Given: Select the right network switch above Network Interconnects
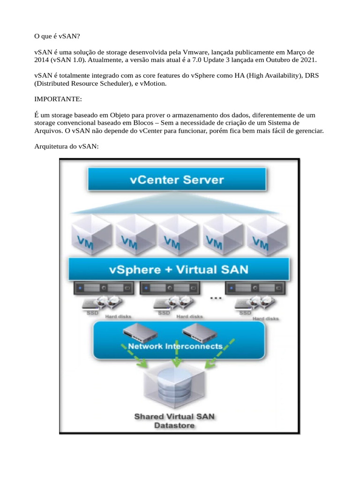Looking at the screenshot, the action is click(200, 332).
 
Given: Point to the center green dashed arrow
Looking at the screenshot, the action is click(176, 359).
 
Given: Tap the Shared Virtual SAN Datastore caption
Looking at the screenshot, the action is click(175, 420).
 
